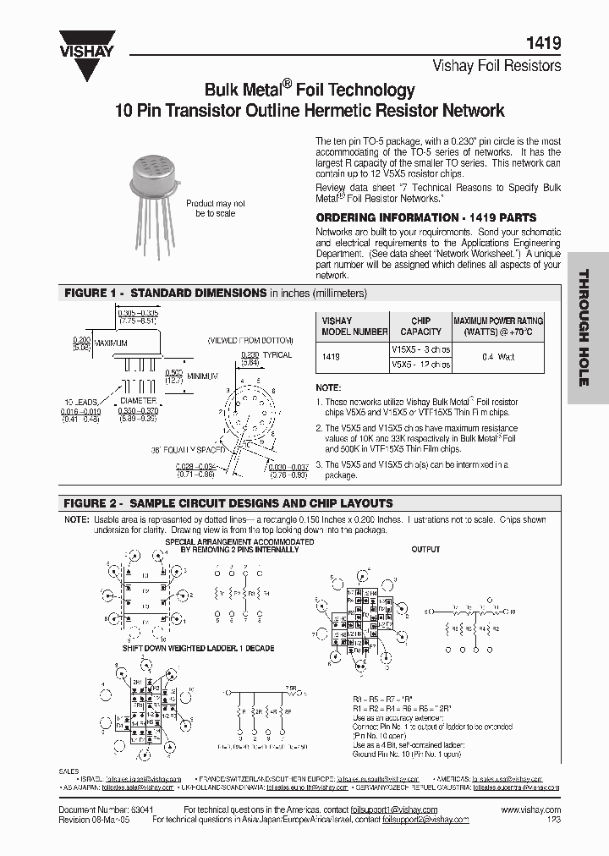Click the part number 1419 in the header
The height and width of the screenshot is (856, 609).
tap(543, 41)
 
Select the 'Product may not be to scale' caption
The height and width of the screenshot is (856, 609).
tap(216, 209)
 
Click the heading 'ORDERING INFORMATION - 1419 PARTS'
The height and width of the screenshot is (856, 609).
tap(425, 217)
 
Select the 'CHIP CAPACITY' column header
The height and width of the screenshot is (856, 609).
tap(420, 326)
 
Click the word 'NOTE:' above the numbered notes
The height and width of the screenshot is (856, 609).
tap(328, 387)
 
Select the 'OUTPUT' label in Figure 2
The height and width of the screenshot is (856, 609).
tap(425, 549)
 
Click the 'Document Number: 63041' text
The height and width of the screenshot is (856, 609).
tap(98, 809)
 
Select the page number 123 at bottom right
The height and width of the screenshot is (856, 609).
tap(553, 820)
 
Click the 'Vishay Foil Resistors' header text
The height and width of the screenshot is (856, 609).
tap(497, 64)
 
